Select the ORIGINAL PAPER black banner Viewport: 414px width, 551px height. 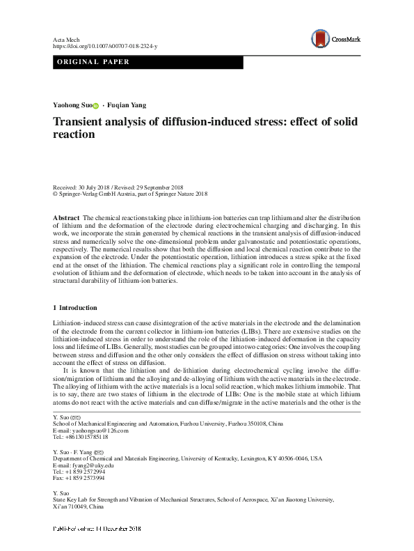[148, 63]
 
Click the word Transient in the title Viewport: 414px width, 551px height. [82, 122]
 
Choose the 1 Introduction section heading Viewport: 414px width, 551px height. [75, 307]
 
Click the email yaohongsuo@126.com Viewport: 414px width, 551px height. [92, 430]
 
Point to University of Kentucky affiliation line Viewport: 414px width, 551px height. [187, 458]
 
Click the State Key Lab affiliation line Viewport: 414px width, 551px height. [193, 499]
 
